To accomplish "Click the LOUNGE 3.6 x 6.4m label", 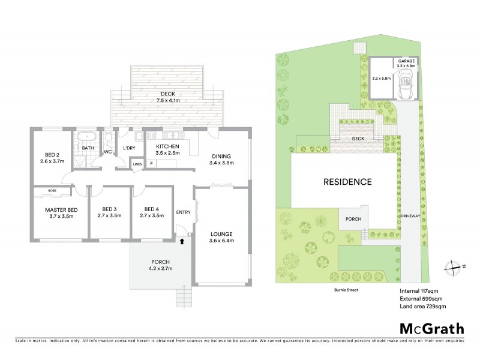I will (x=220, y=237).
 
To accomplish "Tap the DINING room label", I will (x=220, y=159).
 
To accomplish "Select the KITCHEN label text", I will (x=169, y=149).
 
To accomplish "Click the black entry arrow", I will (x=182, y=241).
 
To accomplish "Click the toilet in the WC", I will (x=107, y=139).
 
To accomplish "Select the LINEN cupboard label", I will (x=137, y=163).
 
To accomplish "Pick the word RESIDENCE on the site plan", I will (x=347, y=182).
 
